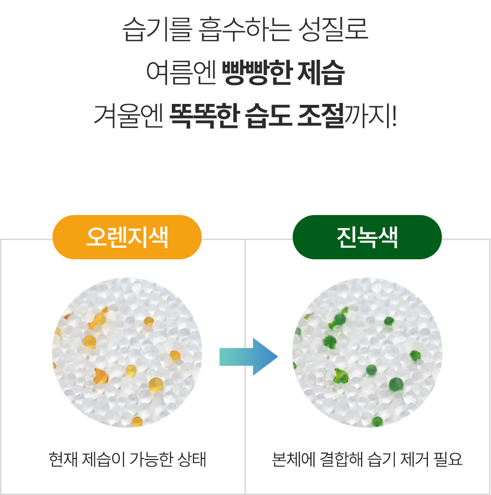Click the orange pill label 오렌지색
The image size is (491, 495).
click(127, 237)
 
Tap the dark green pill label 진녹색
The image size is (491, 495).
click(367, 237)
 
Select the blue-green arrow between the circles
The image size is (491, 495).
click(248, 356)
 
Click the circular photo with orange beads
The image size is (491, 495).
click(127, 353)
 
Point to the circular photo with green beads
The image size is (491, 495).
click(367, 353)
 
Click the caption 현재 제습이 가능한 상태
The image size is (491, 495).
click(128, 459)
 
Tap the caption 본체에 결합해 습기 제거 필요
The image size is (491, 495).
click(367, 459)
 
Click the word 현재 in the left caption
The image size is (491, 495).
click(62, 459)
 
